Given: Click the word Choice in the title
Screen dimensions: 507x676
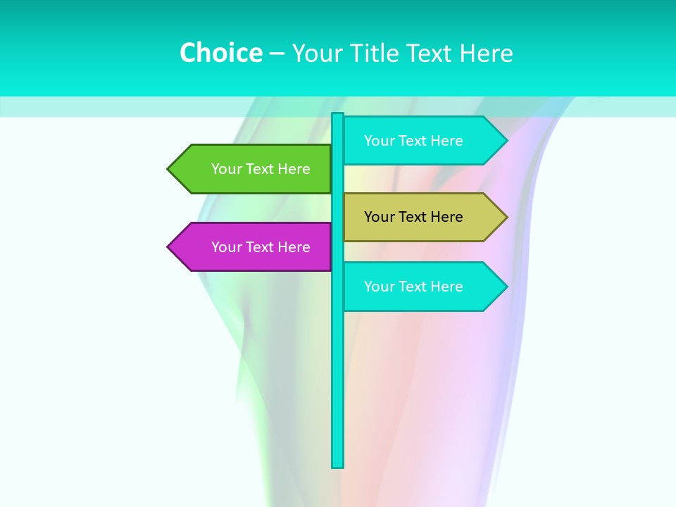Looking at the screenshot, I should point(220,53).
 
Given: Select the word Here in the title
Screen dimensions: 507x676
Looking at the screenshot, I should point(486,53).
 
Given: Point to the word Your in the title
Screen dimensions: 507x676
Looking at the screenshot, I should point(315,53).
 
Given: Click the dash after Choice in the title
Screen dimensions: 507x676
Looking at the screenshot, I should point(277,54).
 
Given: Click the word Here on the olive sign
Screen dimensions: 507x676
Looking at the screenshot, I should point(446,217).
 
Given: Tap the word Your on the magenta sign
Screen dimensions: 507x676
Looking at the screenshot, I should point(227,247).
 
